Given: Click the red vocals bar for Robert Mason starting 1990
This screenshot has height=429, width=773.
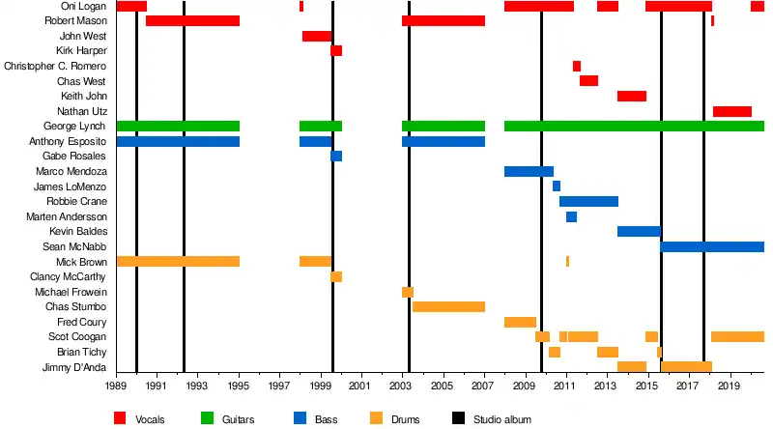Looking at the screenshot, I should pos(192,21).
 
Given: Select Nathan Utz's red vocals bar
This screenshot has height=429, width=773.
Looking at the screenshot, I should pos(731,111).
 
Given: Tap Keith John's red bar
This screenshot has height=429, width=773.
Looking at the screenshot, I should pos(631,96).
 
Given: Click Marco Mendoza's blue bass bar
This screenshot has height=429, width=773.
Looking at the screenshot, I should pos(529,171).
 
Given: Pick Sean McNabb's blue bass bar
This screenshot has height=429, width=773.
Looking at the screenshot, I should pos(712,246).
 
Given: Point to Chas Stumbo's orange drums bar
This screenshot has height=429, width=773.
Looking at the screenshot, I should pos(448,306).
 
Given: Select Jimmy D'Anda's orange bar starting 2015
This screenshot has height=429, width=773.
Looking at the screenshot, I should pos(686,366).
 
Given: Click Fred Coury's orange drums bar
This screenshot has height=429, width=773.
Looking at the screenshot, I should pos(520,322).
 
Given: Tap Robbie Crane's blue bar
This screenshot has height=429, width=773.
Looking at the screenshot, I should pos(588,201).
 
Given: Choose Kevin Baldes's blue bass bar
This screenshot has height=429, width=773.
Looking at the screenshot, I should pos(639,231).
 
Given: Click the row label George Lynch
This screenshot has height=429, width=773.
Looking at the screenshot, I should pos(75,127).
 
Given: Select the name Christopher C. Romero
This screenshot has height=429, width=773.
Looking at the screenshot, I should pos(56,66).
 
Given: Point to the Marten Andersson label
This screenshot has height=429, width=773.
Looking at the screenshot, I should pos(67,216).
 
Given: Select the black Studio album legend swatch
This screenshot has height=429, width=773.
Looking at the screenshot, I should pos(459,418).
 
